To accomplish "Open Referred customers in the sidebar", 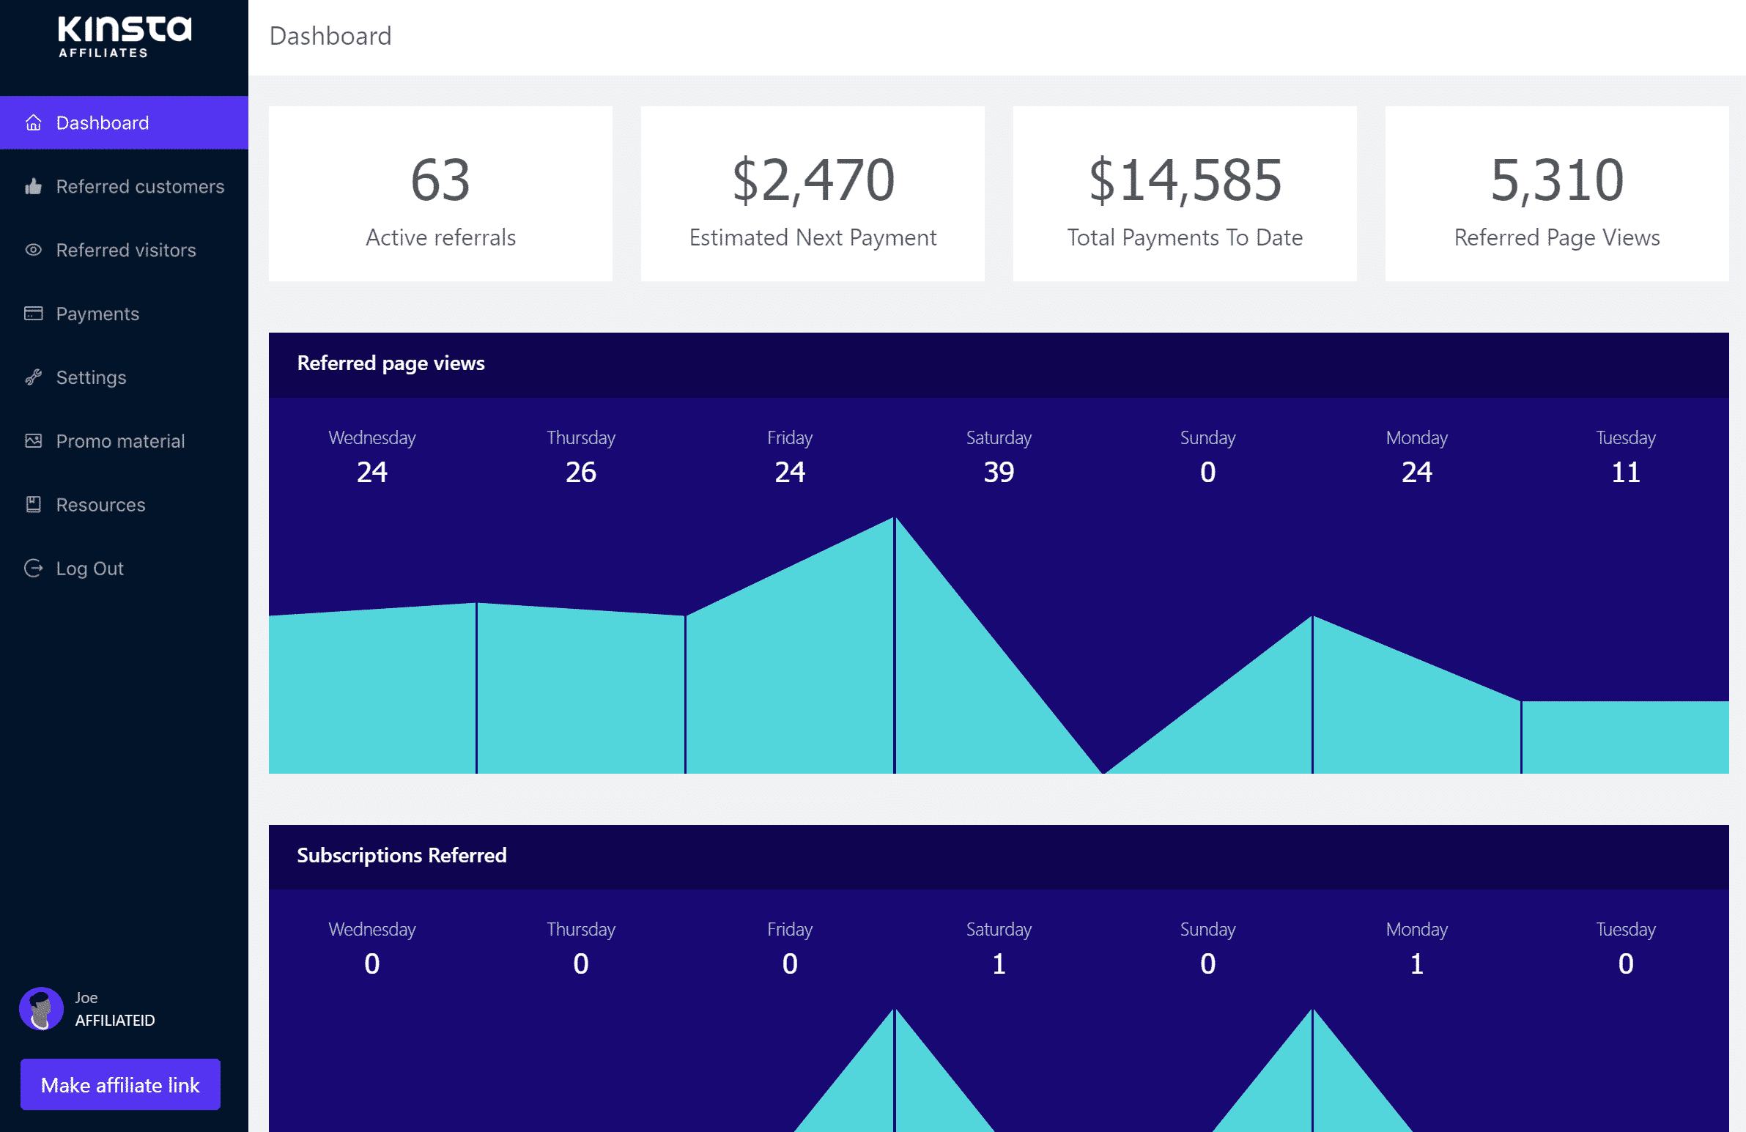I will point(139,186).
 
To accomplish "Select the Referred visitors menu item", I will point(125,250).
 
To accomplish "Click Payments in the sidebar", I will point(97,314).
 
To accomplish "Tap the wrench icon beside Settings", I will point(33,377).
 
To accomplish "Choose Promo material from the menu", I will point(120,441).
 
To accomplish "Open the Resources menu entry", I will point(100,505).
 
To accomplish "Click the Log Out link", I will point(89,569).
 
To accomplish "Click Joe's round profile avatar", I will point(41,1009).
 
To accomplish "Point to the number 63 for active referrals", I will point(440,180).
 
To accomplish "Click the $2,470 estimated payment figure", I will point(813,180).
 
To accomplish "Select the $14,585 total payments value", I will point(1185,180).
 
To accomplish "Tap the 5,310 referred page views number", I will point(1557,180).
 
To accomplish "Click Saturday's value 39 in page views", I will point(999,472).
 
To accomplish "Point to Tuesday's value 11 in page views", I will point(1626,472).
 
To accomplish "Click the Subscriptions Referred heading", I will point(402,856).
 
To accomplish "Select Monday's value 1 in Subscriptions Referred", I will point(1416,963).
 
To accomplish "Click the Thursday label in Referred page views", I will point(580,438).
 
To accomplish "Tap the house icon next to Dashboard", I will point(33,122).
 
